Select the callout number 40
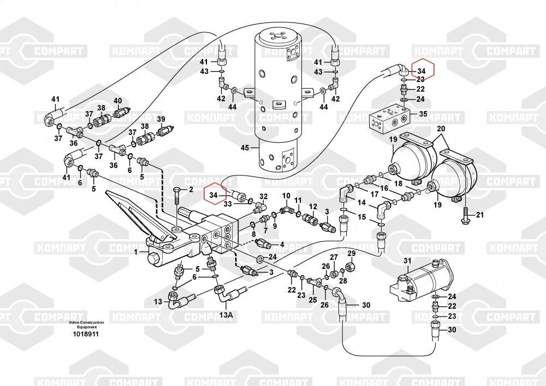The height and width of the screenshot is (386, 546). tap(117, 101)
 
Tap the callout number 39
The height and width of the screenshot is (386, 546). tap(161, 119)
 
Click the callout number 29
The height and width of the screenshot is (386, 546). tap(352, 253)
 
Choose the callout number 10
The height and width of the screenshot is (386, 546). tap(286, 196)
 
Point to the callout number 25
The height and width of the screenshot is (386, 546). tap(312, 300)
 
